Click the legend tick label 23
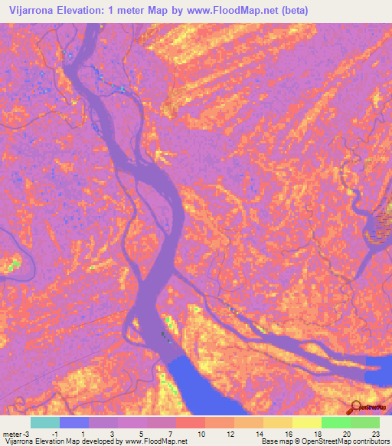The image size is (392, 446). (374, 434)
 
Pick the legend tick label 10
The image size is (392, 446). (201, 434)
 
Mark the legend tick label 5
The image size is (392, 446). (142, 434)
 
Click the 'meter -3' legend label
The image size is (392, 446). (16, 434)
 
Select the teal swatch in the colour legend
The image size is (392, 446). (45, 422)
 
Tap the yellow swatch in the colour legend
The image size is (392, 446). (307, 422)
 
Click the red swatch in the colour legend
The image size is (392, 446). (191, 422)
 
